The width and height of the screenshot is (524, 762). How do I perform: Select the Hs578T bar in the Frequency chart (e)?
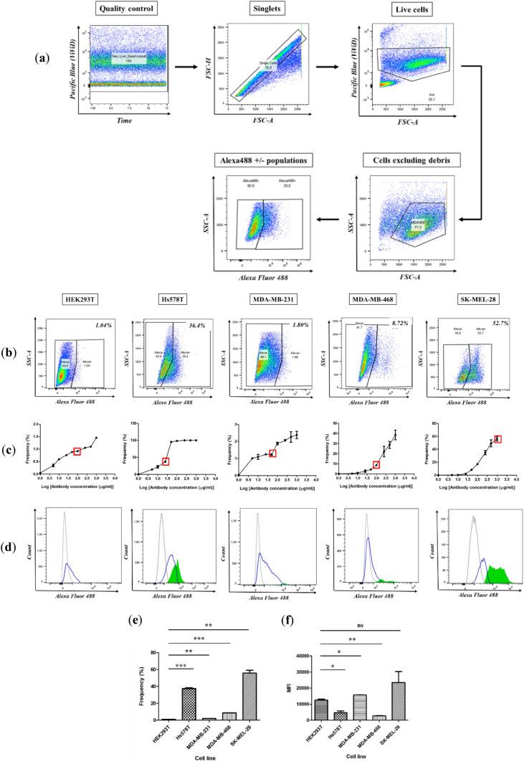[187, 713]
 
